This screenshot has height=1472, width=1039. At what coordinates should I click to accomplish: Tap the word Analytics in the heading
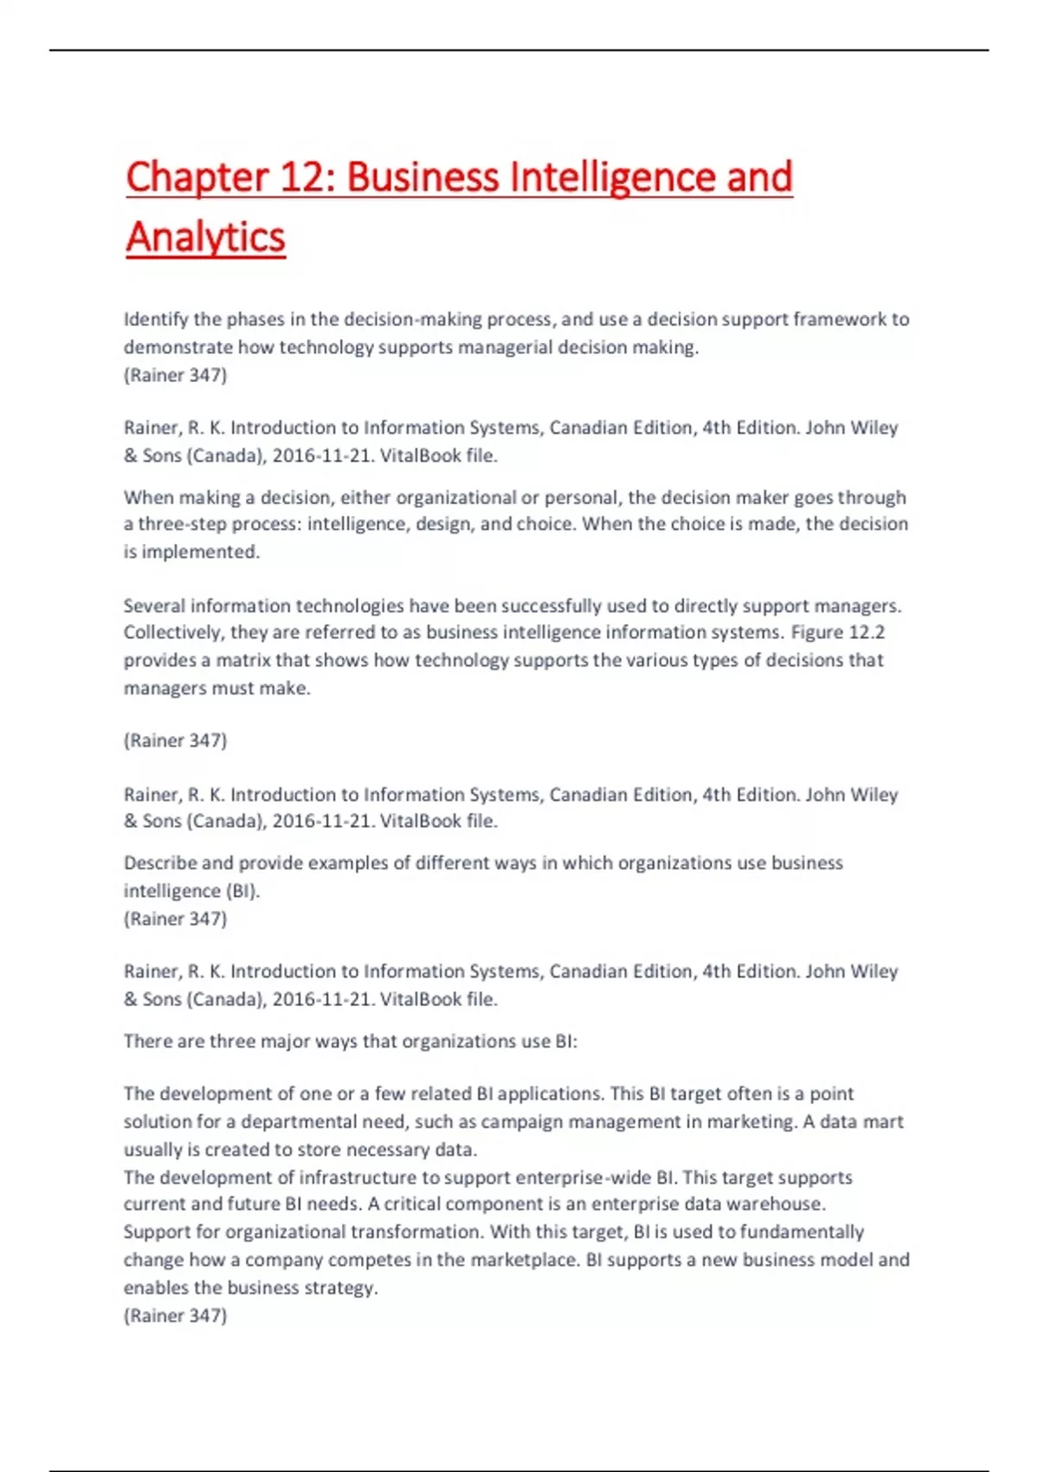click(205, 237)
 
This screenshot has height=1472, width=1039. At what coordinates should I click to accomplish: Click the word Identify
click(156, 320)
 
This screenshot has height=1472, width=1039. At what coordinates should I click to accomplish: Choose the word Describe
click(160, 862)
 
